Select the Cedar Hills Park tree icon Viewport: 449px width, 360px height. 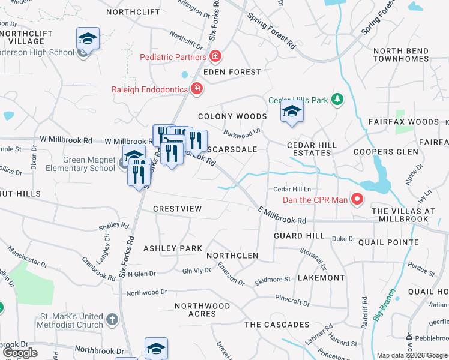coord(338,100)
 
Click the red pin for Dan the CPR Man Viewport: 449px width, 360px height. coord(357,199)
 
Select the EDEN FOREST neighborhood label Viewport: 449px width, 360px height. coord(232,72)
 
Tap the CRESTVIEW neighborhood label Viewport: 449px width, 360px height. coord(177,208)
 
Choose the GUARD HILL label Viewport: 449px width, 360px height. coord(294,236)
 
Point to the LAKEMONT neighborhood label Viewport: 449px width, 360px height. coord(321,278)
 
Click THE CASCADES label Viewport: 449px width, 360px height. coord(277,325)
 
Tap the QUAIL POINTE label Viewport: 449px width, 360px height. coord(388,242)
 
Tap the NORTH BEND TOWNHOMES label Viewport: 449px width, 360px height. coord(401,55)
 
